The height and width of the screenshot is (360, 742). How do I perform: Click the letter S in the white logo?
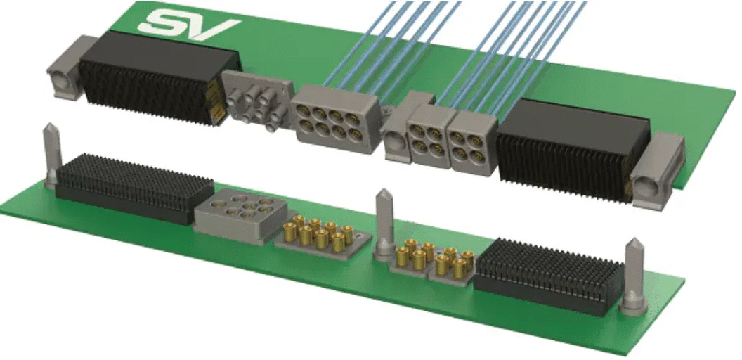[163, 21]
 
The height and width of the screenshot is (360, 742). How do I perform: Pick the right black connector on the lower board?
[548, 274]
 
